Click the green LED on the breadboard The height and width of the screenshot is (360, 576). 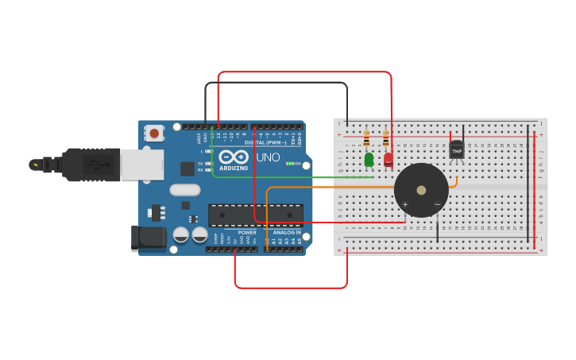[x=369, y=160]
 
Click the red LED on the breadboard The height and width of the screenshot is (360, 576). [x=388, y=159]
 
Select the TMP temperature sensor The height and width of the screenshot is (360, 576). [x=457, y=149]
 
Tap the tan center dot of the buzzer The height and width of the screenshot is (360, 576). [x=421, y=191]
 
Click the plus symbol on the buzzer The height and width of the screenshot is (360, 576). [x=405, y=205]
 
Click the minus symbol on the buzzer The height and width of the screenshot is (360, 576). [x=437, y=205]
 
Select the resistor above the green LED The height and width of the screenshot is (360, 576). [x=366, y=140]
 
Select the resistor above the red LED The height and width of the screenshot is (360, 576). [x=386, y=140]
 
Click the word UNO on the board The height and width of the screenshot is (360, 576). [x=268, y=157]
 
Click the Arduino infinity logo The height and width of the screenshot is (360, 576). [x=234, y=157]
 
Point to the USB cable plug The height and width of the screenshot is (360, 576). [x=95, y=165]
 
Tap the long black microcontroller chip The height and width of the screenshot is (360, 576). [x=255, y=215]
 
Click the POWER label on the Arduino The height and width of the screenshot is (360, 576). [x=247, y=233]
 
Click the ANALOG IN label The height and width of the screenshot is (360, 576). [x=287, y=233]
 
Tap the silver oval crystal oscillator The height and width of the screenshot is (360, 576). [x=185, y=190]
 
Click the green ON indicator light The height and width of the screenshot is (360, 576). [x=289, y=164]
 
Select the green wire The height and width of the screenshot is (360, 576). [x=302, y=177]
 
